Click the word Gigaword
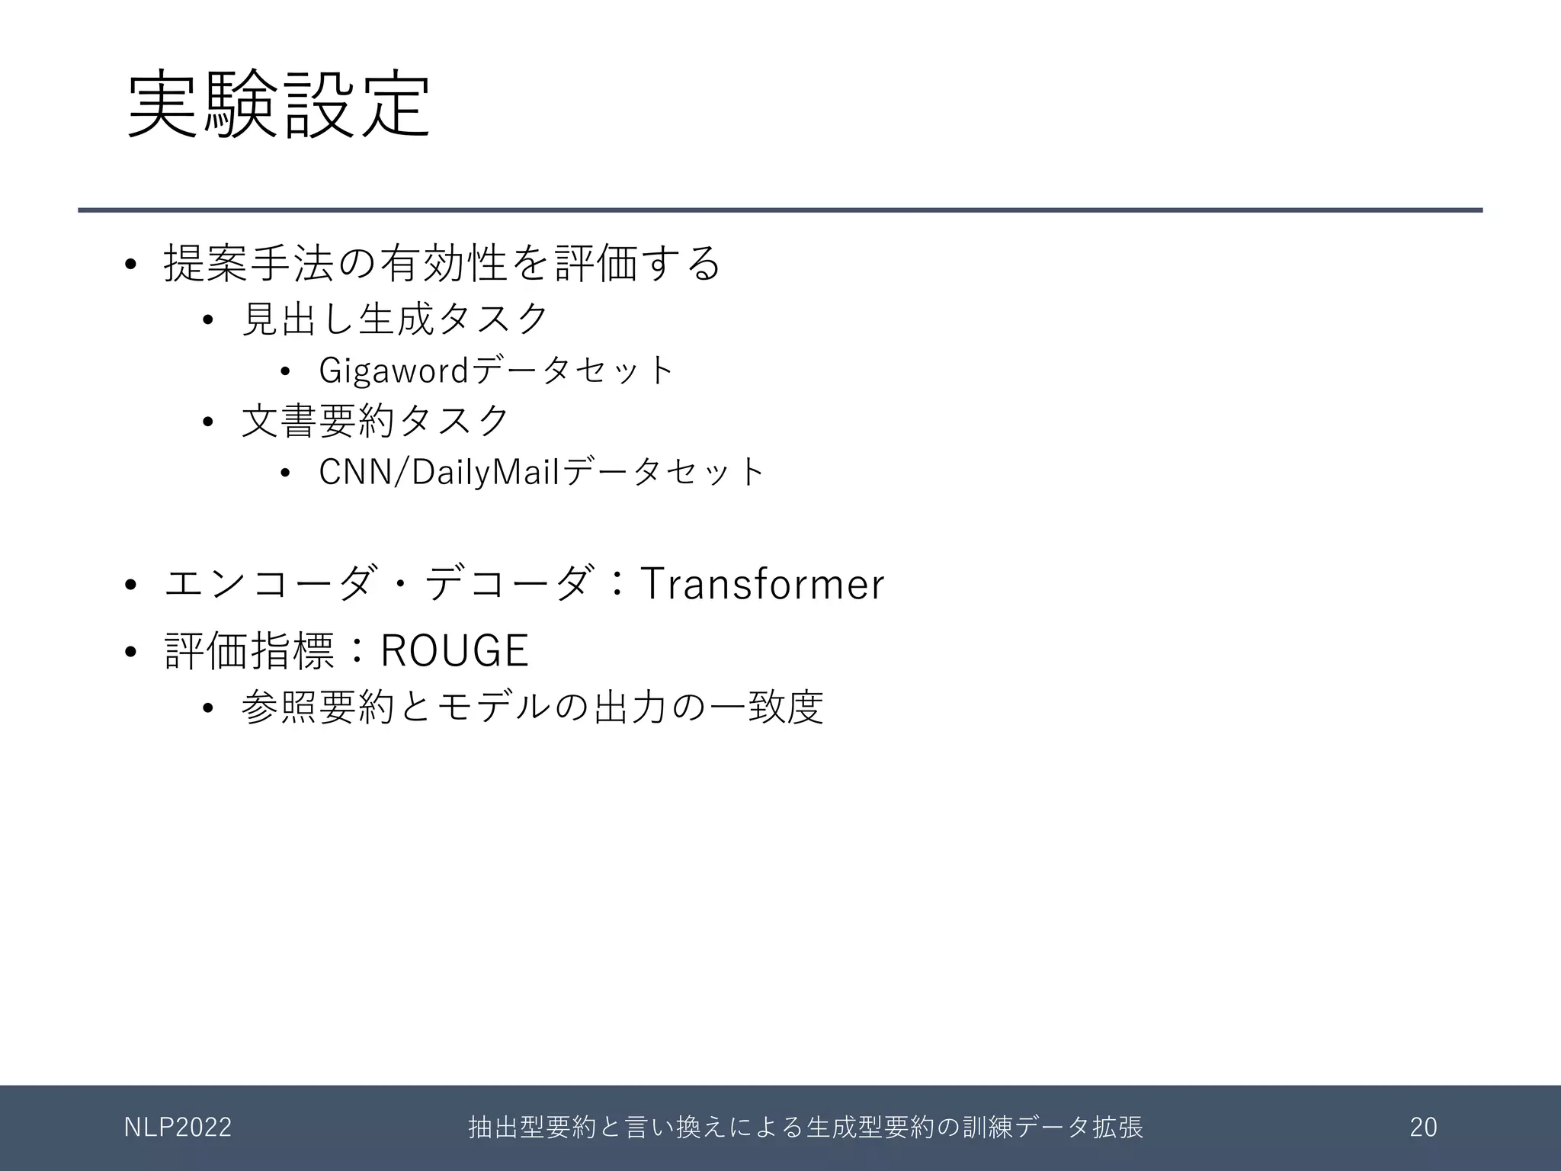tap(393, 371)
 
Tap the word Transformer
tap(761, 584)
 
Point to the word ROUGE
tap(454, 651)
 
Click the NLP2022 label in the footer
tap(178, 1127)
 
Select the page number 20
tap(1423, 1127)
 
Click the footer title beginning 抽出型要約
tap(806, 1127)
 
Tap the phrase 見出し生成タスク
tap(395, 319)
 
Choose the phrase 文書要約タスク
tap(375, 421)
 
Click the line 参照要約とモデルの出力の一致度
tap(532, 707)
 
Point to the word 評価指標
tap(249, 651)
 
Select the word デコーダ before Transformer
tap(508, 584)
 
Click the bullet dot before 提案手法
tap(130, 265)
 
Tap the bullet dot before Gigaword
tap(285, 372)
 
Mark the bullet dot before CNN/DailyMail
tap(285, 473)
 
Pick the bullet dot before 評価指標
tap(130, 652)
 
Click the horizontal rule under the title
tap(780, 210)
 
